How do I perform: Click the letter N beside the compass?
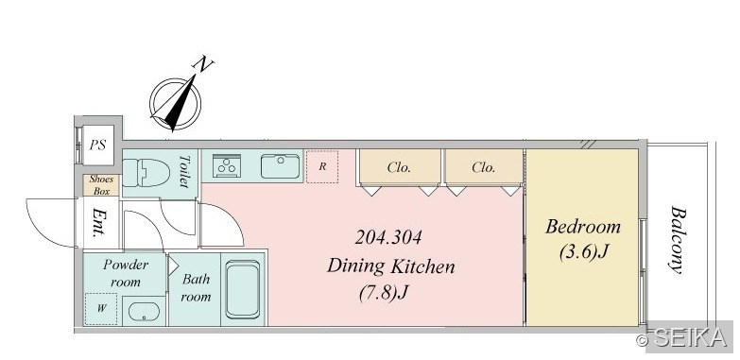click(x=202, y=63)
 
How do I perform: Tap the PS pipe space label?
click(x=97, y=145)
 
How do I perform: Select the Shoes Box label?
click(x=101, y=185)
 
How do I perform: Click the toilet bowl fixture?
click(x=146, y=173)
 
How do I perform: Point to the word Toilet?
click(x=184, y=171)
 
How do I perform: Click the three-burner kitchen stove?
click(x=227, y=166)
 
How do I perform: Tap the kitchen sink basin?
click(x=281, y=166)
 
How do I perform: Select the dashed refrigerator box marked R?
click(x=322, y=166)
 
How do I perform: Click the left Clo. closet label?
click(x=399, y=167)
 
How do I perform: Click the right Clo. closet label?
click(x=483, y=167)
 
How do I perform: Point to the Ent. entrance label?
click(x=99, y=222)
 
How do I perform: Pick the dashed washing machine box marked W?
click(x=101, y=309)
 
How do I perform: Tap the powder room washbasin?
click(x=144, y=312)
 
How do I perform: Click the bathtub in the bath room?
click(x=243, y=290)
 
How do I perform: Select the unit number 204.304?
click(x=387, y=237)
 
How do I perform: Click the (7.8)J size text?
click(x=383, y=294)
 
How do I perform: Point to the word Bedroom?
click(x=583, y=227)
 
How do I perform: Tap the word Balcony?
click(x=678, y=240)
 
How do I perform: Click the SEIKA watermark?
click(x=687, y=337)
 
